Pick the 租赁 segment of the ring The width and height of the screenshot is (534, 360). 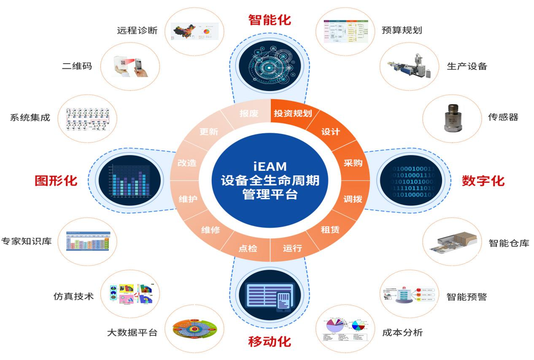click(330, 230)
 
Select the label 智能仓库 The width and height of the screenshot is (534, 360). click(509, 243)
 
